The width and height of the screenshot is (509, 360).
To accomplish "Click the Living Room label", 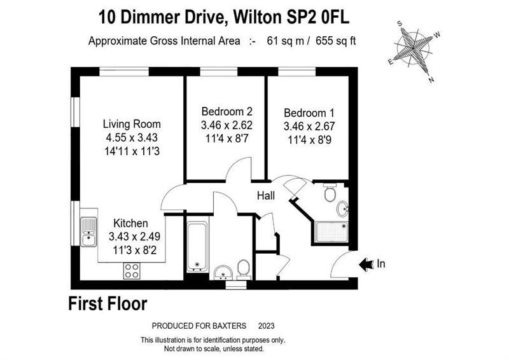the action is (132, 124).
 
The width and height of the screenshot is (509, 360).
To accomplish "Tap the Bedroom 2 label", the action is (227, 111).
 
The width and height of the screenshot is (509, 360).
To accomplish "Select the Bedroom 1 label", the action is (309, 113).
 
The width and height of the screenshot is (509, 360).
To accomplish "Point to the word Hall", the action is (266, 195).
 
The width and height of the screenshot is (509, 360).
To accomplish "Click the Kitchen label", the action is (131, 223).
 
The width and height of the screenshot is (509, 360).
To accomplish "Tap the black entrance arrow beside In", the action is (366, 264).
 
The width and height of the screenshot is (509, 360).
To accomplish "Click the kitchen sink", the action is (88, 232).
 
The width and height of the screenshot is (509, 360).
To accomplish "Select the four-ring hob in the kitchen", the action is (132, 271).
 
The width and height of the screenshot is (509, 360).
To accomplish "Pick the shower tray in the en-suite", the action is (331, 232).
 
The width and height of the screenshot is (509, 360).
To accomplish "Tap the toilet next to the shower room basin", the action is (330, 193).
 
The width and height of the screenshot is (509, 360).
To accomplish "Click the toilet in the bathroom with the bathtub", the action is (244, 270).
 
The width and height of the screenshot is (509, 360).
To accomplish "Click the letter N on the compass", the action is (431, 80).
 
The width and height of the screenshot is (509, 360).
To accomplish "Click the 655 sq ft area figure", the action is (336, 41).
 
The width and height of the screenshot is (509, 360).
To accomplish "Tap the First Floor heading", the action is (108, 304).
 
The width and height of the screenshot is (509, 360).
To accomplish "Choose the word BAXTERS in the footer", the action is (229, 326).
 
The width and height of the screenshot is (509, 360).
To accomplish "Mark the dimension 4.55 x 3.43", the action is (132, 137).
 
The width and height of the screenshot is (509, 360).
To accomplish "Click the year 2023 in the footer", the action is (266, 326).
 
